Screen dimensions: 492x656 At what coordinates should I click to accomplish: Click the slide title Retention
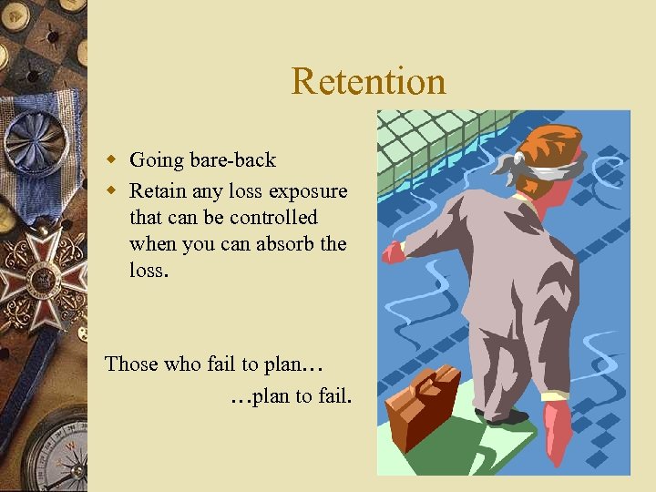pyautogui.click(x=368, y=81)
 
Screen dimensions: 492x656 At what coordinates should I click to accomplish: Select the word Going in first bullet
pyautogui.click(x=155, y=161)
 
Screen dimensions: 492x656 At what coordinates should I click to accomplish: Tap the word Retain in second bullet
pyautogui.click(x=157, y=191)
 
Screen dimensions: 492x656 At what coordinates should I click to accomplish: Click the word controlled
pyautogui.click(x=273, y=218)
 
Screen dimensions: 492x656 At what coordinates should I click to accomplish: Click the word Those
pyautogui.click(x=131, y=364)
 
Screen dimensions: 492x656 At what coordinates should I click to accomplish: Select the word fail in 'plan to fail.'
pyautogui.click(x=333, y=396)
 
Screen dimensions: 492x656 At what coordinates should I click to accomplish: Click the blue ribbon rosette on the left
pyautogui.click(x=35, y=137)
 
